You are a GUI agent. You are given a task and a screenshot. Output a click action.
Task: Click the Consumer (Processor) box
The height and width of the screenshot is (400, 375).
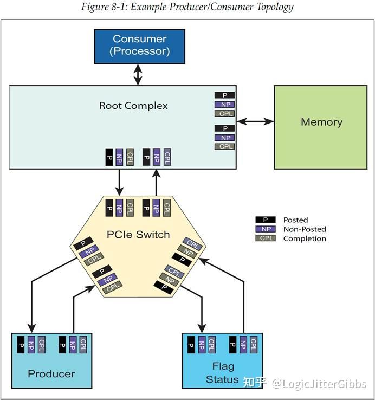(x=140, y=46)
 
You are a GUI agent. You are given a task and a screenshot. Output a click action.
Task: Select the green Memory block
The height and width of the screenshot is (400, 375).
(x=321, y=122)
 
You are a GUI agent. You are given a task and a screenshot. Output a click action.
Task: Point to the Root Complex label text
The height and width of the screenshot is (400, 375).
(x=133, y=106)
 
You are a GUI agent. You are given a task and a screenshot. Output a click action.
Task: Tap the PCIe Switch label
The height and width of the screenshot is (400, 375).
(x=138, y=235)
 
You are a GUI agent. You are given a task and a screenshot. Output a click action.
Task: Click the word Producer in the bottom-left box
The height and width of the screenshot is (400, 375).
(x=51, y=373)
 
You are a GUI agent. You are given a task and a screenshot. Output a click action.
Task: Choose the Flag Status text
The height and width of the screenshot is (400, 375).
(x=222, y=373)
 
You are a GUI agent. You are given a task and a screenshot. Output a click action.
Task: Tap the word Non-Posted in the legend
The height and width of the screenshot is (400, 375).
(x=305, y=229)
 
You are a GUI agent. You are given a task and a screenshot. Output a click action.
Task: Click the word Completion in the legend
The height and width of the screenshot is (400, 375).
(x=305, y=238)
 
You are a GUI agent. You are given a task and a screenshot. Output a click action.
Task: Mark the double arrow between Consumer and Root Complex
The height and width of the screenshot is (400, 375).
(x=138, y=75)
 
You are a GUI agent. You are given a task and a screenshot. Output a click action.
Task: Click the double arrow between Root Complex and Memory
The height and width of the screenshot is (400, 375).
(x=255, y=122)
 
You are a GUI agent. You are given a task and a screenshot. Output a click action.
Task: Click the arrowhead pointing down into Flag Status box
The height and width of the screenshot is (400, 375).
(x=202, y=327)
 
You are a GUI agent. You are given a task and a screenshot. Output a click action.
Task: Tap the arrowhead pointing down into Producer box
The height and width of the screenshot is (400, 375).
(x=31, y=327)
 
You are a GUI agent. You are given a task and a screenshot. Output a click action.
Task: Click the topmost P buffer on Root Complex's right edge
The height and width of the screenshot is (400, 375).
(x=224, y=95)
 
